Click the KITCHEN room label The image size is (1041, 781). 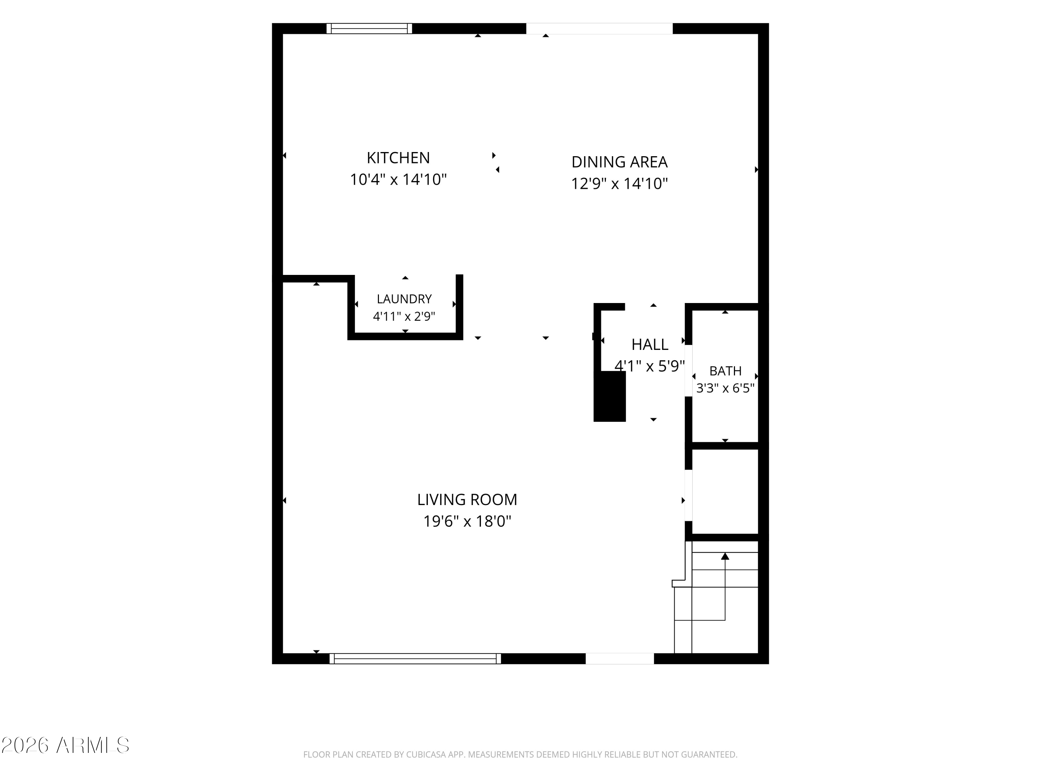pyautogui.click(x=398, y=158)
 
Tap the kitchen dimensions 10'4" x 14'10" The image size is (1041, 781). pyautogui.click(x=398, y=179)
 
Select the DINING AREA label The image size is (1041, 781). pyautogui.click(x=619, y=162)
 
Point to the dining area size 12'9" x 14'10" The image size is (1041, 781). pyautogui.click(x=619, y=183)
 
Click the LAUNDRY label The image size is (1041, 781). pyautogui.click(x=404, y=299)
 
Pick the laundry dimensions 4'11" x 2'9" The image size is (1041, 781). pyautogui.click(x=404, y=316)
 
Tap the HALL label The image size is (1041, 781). pyautogui.click(x=650, y=345)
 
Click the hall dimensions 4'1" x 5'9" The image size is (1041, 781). pyautogui.click(x=650, y=366)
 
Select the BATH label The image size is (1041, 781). pyautogui.click(x=725, y=371)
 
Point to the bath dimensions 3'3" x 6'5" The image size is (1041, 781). pyautogui.click(x=725, y=388)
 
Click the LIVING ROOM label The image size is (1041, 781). pyautogui.click(x=467, y=499)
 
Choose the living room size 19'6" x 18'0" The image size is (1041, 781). pyautogui.click(x=467, y=521)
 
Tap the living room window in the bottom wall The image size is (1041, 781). pyautogui.click(x=415, y=658)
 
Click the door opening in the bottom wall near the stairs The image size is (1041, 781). pyautogui.click(x=620, y=658)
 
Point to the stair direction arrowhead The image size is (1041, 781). pyautogui.click(x=725, y=556)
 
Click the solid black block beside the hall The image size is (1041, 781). pyautogui.click(x=610, y=396)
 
